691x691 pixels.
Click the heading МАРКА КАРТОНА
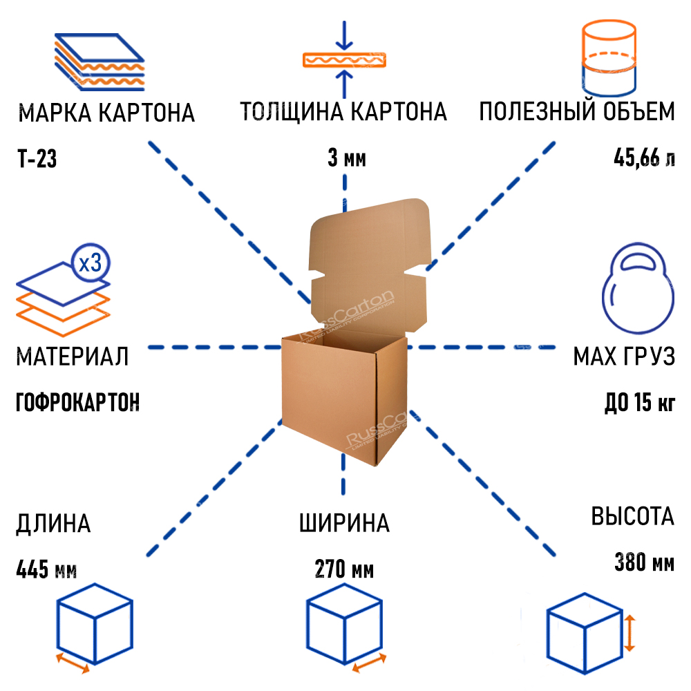(x=106, y=113)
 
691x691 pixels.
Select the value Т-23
(x=37, y=160)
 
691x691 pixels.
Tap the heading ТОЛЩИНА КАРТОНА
(x=343, y=111)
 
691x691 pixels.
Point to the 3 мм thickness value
(x=346, y=160)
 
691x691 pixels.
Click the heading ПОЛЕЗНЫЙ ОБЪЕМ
(x=577, y=111)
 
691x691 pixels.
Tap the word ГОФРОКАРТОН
(x=77, y=401)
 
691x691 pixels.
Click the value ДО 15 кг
(x=639, y=402)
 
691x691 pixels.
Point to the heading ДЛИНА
(x=53, y=523)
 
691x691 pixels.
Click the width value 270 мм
(x=344, y=571)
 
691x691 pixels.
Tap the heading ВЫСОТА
(x=632, y=516)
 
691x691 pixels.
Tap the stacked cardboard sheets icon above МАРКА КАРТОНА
(x=98, y=60)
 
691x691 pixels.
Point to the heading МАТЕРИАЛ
(x=72, y=357)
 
